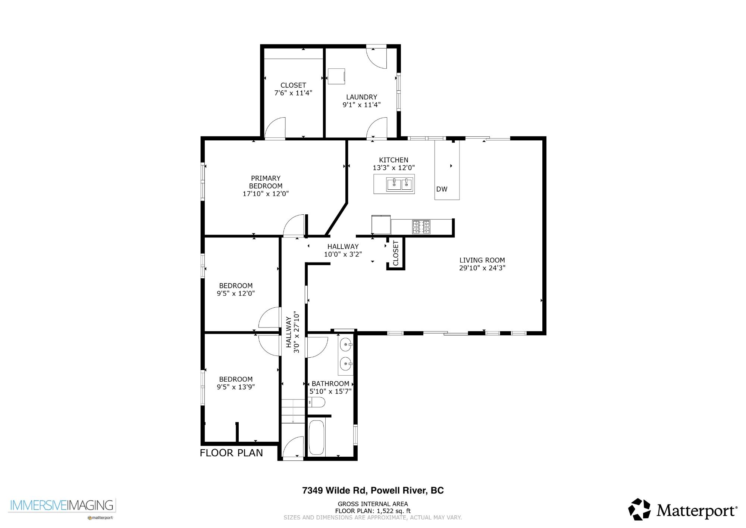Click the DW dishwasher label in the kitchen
coord(442,189)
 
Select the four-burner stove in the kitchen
coord(421,227)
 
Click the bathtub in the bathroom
coord(317,437)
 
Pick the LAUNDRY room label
coord(361,97)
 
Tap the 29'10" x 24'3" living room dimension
coord(482,268)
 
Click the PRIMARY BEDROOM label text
coord(266,182)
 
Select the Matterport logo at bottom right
coord(683,510)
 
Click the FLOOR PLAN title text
coord(231,453)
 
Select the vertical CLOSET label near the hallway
coord(396,253)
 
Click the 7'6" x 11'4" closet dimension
coord(293,93)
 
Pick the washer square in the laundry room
coord(336,76)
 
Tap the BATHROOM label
coord(330,383)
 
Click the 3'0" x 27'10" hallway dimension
coord(297,332)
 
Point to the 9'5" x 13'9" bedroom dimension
coord(236,387)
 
